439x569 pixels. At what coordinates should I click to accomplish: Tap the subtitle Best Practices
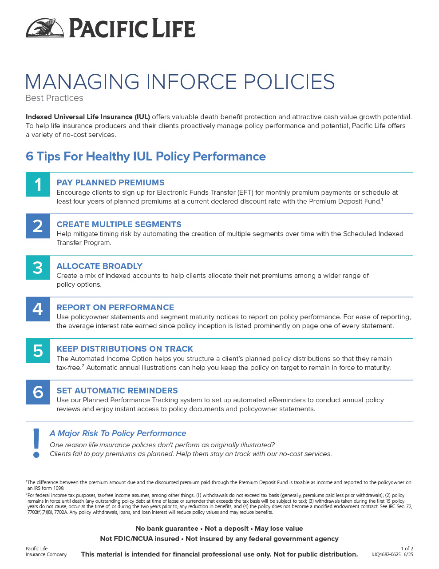click(x=55, y=98)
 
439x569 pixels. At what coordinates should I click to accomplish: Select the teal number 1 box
click(x=38, y=184)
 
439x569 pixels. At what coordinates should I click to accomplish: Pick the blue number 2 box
click(x=38, y=226)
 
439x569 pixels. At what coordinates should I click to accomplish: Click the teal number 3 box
click(x=38, y=268)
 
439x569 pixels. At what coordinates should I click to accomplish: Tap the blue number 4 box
click(x=38, y=309)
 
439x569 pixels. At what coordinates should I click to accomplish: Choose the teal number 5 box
click(x=38, y=351)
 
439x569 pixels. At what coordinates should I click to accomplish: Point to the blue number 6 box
click(x=38, y=392)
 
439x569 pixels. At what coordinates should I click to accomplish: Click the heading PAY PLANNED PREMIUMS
click(x=111, y=183)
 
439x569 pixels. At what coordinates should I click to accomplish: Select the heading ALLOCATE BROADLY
click(x=99, y=266)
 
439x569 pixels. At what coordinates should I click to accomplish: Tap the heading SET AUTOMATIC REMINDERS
click(x=117, y=390)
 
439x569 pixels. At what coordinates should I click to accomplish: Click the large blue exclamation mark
click(x=36, y=443)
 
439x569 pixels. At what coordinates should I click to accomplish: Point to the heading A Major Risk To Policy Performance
click(x=118, y=433)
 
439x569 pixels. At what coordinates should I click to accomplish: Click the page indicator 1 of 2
click(x=407, y=548)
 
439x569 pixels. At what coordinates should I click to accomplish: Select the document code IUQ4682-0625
click(x=386, y=554)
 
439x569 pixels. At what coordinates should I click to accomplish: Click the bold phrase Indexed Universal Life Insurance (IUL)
click(x=88, y=117)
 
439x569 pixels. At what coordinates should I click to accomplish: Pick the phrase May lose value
click(x=279, y=529)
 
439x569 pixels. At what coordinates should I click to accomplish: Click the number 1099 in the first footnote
click(x=59, y=488)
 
